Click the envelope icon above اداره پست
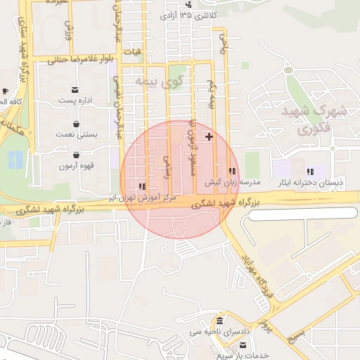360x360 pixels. [x=75, y=89]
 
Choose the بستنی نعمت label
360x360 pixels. [x=76, y=133]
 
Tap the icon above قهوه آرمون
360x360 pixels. [x=76, y=155]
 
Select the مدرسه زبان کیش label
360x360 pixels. [x=233, y=182]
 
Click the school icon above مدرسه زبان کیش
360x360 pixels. [x=232, y=171]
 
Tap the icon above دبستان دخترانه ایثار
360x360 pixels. [x=310, y=172]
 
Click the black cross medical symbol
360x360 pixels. [x=209, y=136]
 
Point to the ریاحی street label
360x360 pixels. [x=224, y=45]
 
